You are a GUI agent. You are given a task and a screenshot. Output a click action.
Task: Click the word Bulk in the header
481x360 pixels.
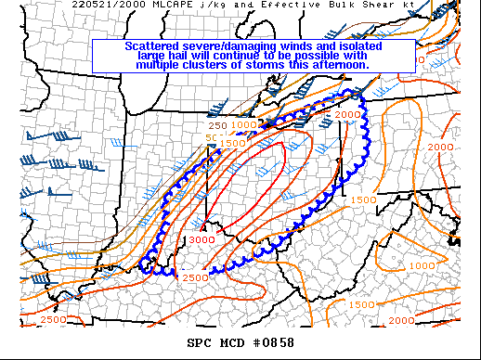pos(347,5)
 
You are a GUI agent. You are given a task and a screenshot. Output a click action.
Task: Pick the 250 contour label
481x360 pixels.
pos(217,125)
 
